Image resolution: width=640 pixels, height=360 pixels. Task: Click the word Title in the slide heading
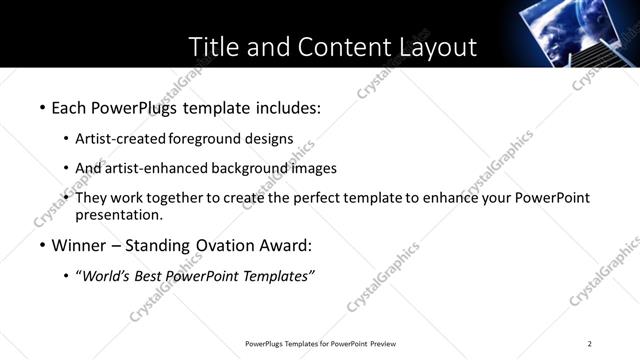[212, 48]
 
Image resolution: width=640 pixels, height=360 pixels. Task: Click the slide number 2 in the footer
[590, 343]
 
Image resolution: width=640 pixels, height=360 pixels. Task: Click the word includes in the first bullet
[289, 106]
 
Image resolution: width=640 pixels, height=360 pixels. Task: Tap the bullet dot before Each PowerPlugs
[41, 107]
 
